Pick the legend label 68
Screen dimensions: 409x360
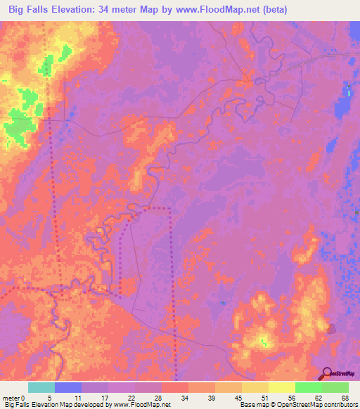(345, 397)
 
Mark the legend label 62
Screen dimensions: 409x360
(319, 397)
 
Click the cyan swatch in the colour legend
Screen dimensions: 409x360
(41, 387)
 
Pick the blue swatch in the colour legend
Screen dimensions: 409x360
(68, 387)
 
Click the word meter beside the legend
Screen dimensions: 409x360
(11, 397)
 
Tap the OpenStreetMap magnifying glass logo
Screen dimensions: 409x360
(326, 373)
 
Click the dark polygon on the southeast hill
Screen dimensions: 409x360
(331, 327)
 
